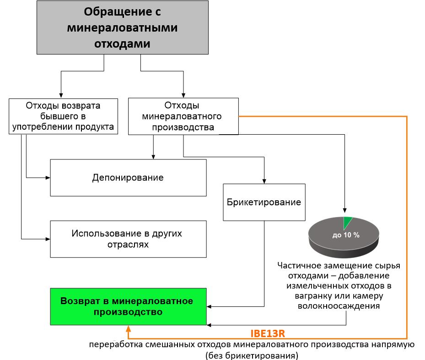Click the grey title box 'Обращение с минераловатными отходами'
coord(123,27)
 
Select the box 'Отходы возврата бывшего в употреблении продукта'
coord(64,116)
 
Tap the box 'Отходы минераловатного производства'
coord(183,116)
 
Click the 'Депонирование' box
coord(128,178)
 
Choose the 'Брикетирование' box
coord(264,202)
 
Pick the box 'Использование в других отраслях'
coord(128,239)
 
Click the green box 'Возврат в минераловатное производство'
coord(128,306)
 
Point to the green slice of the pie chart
coord(347,223)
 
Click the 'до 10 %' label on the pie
coord(346,235)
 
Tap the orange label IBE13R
coord(268,333)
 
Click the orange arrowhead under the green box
coord(129,328)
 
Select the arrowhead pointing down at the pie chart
coord(344,211)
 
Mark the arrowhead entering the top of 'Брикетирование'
coord(264,181)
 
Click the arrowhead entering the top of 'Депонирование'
coord(153,157)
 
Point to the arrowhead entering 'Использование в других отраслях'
coord(48,239)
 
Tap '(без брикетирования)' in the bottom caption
coord(252,355)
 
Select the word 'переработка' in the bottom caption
coord(116,344)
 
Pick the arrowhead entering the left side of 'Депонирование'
coord(48,178)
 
